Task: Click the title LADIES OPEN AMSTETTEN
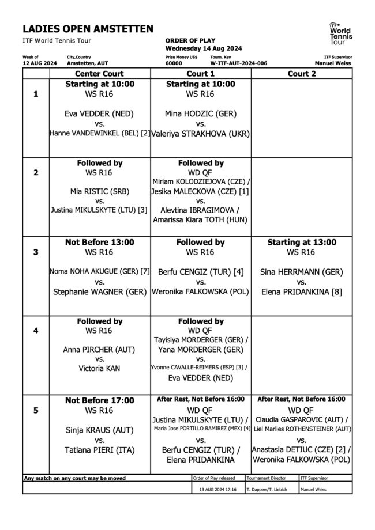click(x=88, y=29)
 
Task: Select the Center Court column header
click(x=100, y=74)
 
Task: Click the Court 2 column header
click(x=302, y=74)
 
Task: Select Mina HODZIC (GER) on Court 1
click(x=201, y=113)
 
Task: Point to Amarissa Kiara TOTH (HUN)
click(x=201, y=221)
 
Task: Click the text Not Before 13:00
click(x=100, y=243)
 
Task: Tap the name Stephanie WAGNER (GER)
click(x=100, y=292)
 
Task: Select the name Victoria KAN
click(x=100, y=368)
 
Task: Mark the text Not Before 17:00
click(x=100, y=400)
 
